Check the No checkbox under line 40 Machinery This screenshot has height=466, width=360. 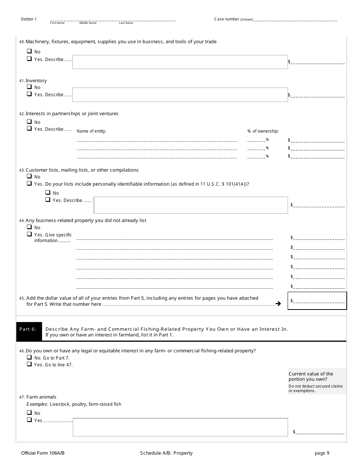coord(29,51)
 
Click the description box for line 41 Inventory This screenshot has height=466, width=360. coord(180,95)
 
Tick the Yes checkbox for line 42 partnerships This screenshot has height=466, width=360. coord(29,128)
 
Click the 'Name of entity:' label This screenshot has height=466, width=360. coord(91,131)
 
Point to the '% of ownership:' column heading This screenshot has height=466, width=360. coord(263,131)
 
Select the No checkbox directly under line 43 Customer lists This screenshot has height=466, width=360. coord(29,176)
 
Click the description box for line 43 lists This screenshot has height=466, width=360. coord(191,205)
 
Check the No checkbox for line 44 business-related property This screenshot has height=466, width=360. coord(29,227)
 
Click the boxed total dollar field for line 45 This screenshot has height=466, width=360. coord(317,301)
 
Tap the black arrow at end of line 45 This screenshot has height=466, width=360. coord(278,304)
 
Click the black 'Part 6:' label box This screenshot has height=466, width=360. coord(28,329)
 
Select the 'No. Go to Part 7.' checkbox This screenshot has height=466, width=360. coord(29,357)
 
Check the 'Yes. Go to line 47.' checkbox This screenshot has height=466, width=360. coord(29,364)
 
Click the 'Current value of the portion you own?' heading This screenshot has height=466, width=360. coord(311,376)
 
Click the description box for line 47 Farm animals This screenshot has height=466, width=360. coord(180,427)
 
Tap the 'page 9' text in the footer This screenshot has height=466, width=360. coord(322,453)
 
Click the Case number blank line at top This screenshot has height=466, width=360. coord(296,20)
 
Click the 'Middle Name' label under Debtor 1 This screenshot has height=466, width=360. coord(88,23)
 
